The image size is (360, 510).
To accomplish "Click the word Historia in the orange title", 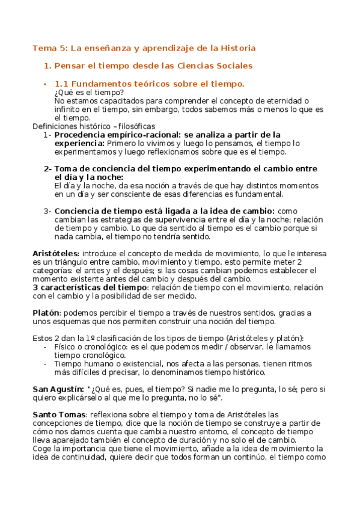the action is click(x=238, y=48).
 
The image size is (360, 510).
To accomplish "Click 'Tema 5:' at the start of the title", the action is click(x=47, y=48).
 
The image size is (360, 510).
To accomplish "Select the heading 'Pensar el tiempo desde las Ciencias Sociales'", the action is click(x=153, y=66).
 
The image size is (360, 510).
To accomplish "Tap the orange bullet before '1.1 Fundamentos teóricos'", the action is click(x=45, y=84).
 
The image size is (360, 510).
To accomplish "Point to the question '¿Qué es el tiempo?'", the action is click(x=89, y=92).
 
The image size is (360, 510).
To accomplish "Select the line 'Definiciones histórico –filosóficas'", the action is click(x=94, y=126).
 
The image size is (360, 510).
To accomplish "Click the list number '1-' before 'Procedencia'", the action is click(x=47, y=135).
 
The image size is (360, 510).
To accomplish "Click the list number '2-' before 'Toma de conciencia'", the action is click(x=47, y=168).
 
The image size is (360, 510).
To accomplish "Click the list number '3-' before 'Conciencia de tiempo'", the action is click(x=47, y=211).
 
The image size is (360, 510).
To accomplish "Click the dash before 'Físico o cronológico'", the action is click(x=47, y=347).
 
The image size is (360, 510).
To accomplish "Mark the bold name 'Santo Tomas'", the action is click(x=59, y=414).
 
